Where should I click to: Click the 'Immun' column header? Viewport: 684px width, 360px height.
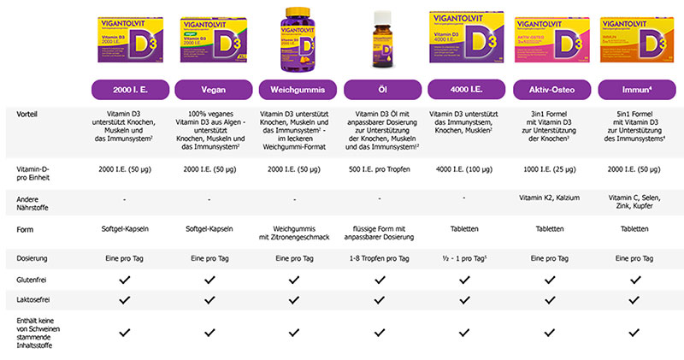tap(634, 89)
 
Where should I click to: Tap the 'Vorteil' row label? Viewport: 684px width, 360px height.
tap(27, 113)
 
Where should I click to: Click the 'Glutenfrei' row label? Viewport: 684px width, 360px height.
tap(32, 280)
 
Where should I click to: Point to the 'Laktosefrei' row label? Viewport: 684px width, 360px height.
tap(32, 301)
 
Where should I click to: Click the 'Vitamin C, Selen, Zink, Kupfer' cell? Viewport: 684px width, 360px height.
tap(634, 203)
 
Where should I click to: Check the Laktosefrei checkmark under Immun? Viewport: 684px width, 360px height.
tap(634, 301)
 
